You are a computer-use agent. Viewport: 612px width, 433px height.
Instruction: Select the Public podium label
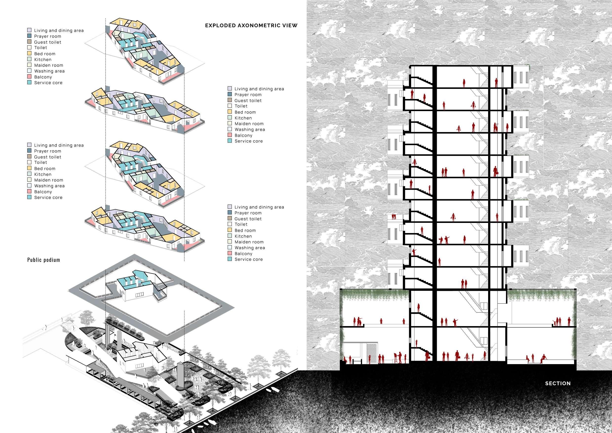coord(44,260)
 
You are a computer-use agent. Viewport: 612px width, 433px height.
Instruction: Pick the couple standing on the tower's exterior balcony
coord(393,216)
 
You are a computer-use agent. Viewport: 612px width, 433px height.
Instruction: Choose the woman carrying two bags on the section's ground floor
coord(467,357)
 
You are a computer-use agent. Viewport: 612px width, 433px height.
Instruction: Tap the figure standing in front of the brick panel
coord(370,359)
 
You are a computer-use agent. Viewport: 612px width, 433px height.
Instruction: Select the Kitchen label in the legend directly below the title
coord(243,118)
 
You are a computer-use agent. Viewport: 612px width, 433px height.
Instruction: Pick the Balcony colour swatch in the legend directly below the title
coord(230,135)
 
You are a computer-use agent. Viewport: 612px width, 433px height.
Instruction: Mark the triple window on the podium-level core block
coord(139,295)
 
